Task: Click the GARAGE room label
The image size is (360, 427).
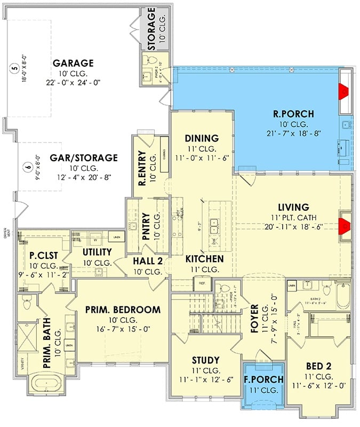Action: point(81,63)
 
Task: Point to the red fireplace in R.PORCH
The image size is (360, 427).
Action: point(344,92)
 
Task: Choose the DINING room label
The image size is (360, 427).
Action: point(201,138)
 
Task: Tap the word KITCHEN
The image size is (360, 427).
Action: point(204,258)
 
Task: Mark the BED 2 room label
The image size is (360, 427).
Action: point(318,366)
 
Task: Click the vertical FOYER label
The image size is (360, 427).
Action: point(254,320)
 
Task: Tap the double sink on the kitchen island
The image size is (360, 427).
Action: point(214,225)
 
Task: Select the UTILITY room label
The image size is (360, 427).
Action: point(97,252)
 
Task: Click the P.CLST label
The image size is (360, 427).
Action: point(39,256)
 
